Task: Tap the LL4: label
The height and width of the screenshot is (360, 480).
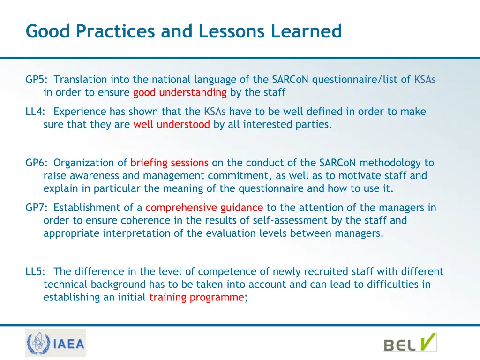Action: click(36, 112)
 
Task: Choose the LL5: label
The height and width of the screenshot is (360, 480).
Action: click(36, 272)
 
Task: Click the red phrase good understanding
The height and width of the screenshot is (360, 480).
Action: click(180, 93)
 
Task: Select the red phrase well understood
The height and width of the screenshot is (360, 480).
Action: click(171, 125)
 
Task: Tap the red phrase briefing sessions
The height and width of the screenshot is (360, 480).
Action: click(169, 163)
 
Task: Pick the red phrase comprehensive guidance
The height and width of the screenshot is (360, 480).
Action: click(204, 208)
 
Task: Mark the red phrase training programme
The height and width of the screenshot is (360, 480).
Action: click(196, 297)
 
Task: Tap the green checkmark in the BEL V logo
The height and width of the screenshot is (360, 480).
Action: click(427, 342)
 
